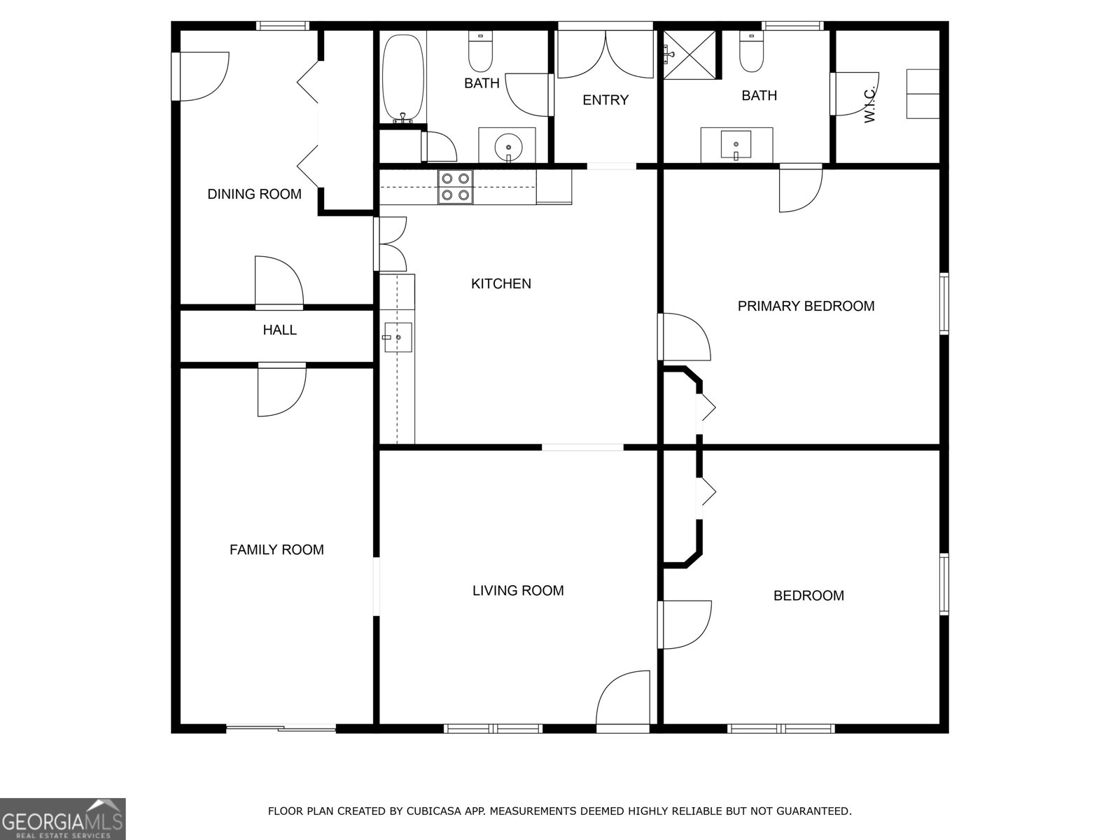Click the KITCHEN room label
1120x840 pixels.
coord(500,283)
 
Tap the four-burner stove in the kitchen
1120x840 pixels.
coord(455,187)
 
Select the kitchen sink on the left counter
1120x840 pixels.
coord(397,337)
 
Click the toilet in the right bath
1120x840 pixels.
coord(751,52)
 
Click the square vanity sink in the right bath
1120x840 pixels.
coord(736,145)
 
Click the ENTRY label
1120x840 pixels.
coord(605,100)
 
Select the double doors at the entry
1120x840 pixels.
coord(605,52)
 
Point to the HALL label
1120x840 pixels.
coord(279,330)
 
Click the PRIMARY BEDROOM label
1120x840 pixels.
coord(806,306)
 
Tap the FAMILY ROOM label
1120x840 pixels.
coord(276,549)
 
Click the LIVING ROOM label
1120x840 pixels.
coord(518,590)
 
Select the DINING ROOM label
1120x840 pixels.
coord(254,194)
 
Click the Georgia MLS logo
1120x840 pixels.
coord(63,818)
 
